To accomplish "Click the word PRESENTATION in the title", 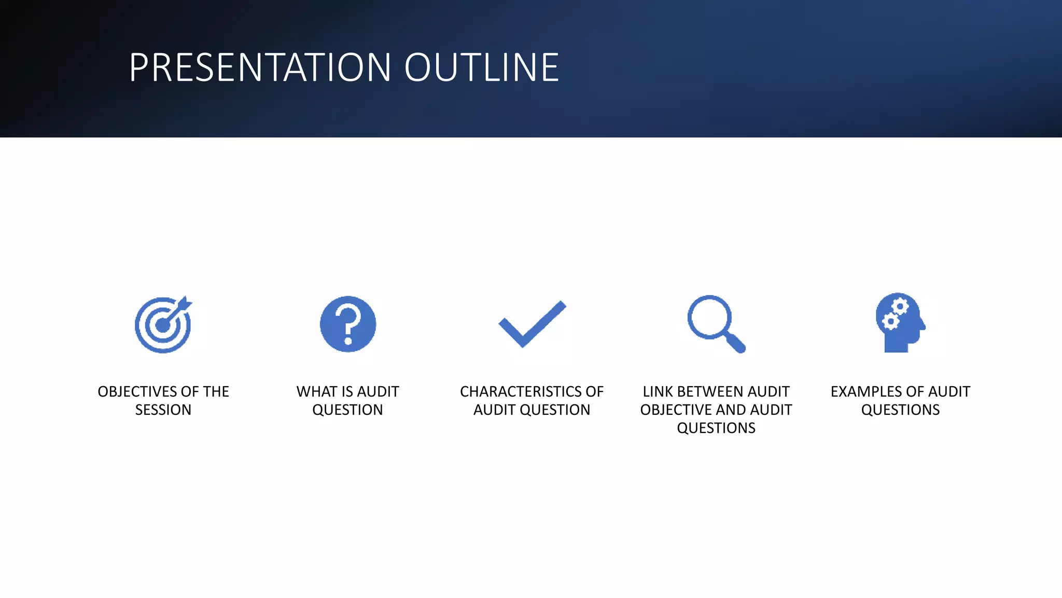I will pyautogui.click(x=260, y=67).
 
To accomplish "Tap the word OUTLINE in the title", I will pyautogui.click(x=482, y=67).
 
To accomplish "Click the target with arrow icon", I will pyautogui.click(x=163, y=325).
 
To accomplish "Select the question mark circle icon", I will pyautogui.click(x=348, y=324).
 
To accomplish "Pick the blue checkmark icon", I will pyautogui.click(x=532, y=324).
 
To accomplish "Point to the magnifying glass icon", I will pyautogui.click(x=716, y=324).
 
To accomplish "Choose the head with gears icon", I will pyautogui.click(x=900, y=323).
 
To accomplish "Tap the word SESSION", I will pyautogui.click(x=163, y=410).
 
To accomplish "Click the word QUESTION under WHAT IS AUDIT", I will pyautogui.click(x=347, y=410).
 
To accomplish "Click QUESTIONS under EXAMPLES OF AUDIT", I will pyautogui.click(x=900, y=410).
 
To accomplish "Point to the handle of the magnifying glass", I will pyautogui.click(x=736, y=343).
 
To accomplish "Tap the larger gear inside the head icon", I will pyautogui.click(x=900, y=307).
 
